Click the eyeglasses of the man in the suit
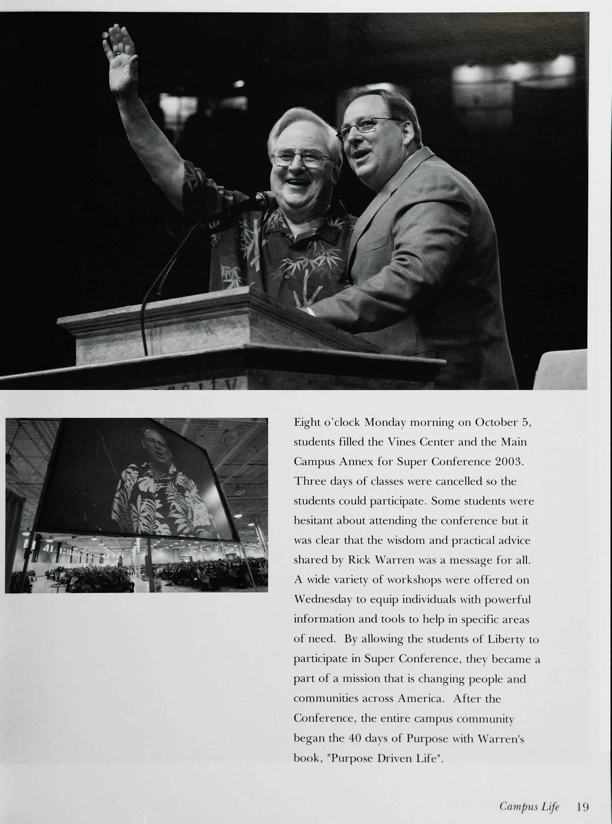tap(364, 127)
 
